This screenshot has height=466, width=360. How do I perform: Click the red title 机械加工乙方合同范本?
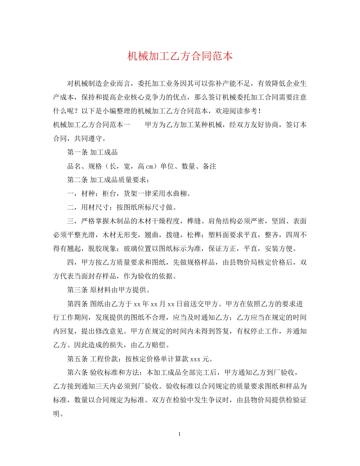click(180, 56)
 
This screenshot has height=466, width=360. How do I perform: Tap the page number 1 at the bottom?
click(180, 434)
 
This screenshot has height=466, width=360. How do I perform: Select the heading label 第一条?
click(78, 152)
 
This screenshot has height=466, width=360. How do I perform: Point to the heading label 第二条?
click(78, 180)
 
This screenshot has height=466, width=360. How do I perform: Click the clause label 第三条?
click(78, 291)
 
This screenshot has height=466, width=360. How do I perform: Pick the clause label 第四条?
click(78, 304)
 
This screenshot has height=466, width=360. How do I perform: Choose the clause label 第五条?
click(78, 359)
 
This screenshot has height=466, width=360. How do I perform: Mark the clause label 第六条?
click(78, 373)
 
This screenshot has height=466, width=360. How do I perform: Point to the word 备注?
click(209, 166)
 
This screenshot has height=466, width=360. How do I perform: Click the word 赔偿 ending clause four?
click(159, 346)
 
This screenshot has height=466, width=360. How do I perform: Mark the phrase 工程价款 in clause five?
click(104, 359)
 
